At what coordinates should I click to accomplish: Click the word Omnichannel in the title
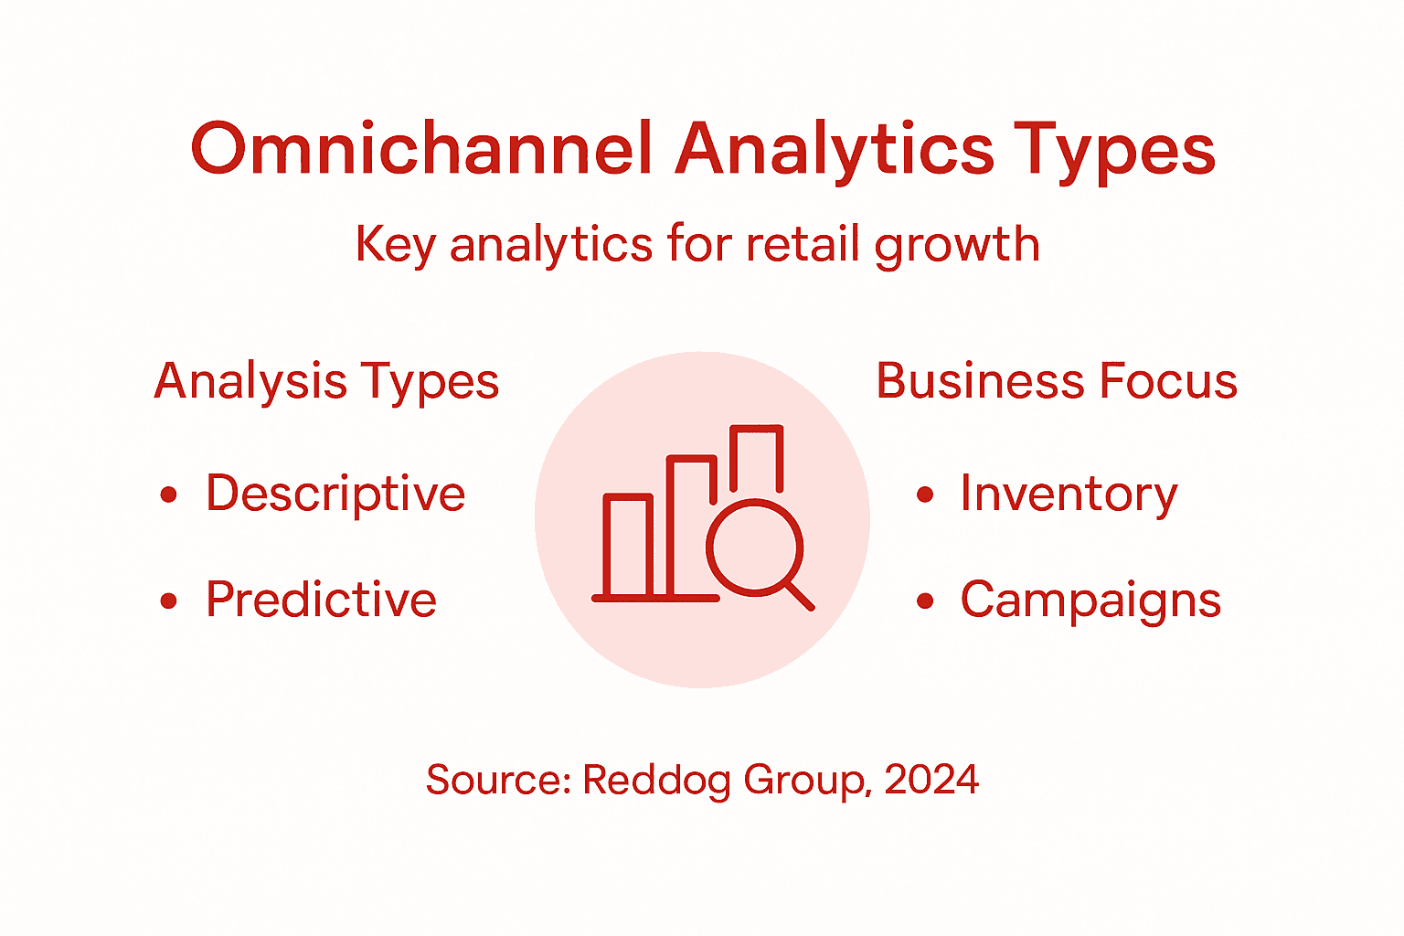421,149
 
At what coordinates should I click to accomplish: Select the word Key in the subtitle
395,245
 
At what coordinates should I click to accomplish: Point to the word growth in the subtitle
957,245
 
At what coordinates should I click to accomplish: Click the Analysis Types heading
326,381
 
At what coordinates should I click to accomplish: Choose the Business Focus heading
1057,381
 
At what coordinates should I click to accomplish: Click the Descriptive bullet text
335,495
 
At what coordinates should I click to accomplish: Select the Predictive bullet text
321,600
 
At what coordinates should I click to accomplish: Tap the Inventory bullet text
1069,495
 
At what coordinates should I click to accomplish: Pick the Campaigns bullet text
1090,601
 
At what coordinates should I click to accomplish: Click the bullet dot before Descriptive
168,495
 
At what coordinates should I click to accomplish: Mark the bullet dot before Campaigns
925,601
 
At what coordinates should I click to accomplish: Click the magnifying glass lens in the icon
754,547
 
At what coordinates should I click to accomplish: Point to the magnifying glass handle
799,596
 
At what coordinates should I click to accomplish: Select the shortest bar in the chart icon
628,546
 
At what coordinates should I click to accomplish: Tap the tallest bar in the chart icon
757,457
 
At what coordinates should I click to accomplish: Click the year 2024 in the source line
931,780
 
